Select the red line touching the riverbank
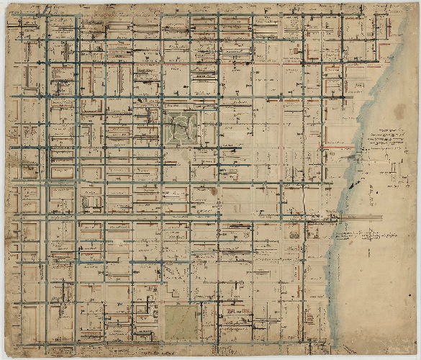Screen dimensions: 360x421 click(x=339, y=147)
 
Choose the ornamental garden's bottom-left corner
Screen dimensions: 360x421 click(x=166, y=145)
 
